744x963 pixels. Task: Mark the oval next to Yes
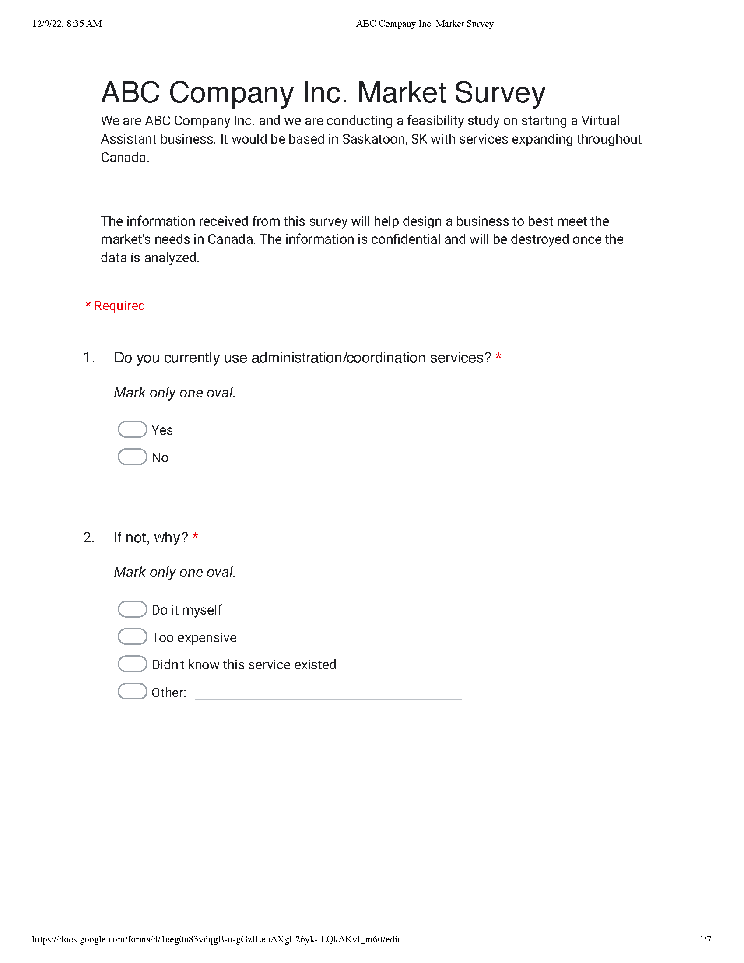point(132,429)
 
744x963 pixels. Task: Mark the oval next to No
point(132,457)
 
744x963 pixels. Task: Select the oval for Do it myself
point(132,609)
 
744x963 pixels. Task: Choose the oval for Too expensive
point(132,636)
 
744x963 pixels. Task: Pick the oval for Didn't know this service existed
point(132,664)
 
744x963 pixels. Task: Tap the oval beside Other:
point(132,691)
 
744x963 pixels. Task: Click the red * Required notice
point(115,306)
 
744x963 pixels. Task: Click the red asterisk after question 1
point(498,357)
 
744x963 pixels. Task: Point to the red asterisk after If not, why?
point(195,537)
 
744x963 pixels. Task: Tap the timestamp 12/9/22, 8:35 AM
point(67,24)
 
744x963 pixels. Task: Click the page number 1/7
point(705,939)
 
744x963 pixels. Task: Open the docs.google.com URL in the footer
point(216,939)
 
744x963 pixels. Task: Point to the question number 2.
point(88,538)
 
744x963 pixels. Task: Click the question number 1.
point(88,358)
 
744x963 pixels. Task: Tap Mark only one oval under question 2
point(175,572)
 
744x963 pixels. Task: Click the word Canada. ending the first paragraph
point(125,158)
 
